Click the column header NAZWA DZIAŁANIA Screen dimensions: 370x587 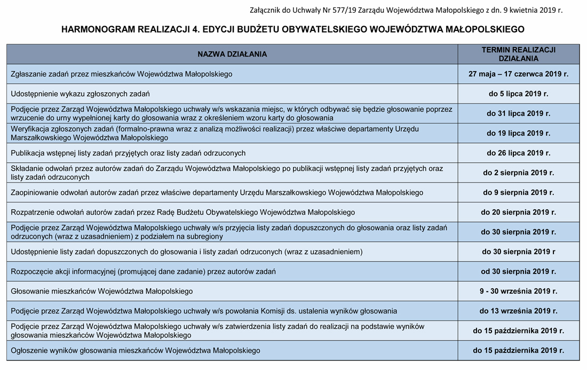click(x=232, y=54)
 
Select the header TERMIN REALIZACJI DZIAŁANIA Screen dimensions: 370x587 click(x=518, y=54)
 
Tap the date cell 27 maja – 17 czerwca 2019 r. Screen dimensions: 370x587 click(x=518, y=74)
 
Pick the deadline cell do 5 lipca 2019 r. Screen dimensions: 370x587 click(x=518, y=94)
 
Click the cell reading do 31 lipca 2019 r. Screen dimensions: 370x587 click(x=518, y=114)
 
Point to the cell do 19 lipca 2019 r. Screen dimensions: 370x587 click(x=518, y=133)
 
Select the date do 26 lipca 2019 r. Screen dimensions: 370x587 click(x=518, y=153)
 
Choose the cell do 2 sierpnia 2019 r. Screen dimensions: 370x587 click(x=518, y=173)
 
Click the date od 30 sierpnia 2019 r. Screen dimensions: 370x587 click(x=518, y=272)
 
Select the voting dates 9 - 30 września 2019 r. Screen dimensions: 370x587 click(x=518, y=292)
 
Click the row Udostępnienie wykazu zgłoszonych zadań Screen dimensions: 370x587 click(x=80, y=94)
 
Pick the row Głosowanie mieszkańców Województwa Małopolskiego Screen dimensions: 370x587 click(x=102, y=292)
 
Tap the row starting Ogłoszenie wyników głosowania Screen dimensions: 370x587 click(x=136, y=351)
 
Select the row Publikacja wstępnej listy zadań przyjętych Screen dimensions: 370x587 click(x=128, y=153)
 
